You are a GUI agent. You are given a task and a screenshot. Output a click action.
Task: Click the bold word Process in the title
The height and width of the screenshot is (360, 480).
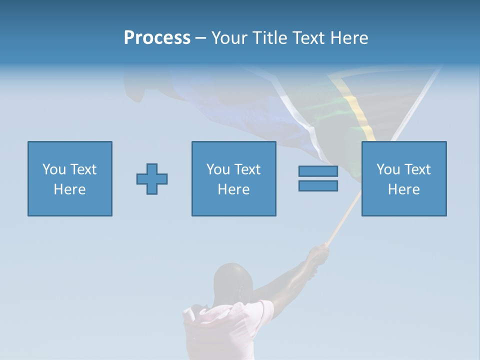[157, 38]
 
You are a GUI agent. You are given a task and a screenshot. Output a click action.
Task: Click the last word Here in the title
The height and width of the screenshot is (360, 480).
[349, 38]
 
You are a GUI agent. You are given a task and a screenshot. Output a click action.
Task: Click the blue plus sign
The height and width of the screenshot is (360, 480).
[152, 179]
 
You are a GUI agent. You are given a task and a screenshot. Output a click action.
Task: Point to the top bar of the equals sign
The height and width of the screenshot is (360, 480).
[318, 171]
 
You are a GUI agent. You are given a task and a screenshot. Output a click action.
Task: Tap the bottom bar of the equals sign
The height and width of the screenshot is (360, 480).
[318, 185]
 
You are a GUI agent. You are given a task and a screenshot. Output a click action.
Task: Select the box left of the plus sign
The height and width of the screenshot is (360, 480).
[70, 178]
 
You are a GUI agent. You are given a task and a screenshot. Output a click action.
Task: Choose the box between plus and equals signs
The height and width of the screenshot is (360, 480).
[233, 178]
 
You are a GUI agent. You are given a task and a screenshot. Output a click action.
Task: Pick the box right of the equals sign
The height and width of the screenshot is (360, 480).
[404, 178]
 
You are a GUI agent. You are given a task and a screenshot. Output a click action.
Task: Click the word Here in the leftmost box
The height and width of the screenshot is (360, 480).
[70, 189]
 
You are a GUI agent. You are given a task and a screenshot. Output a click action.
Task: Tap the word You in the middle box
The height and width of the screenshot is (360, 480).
[218, 169]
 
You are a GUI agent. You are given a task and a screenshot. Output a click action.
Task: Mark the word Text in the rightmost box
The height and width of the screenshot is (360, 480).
[417, 169]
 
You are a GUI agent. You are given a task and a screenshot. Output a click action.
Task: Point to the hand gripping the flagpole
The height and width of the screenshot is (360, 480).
[318, 256]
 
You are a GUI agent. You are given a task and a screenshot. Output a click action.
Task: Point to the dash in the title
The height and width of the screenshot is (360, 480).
[200, 38]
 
